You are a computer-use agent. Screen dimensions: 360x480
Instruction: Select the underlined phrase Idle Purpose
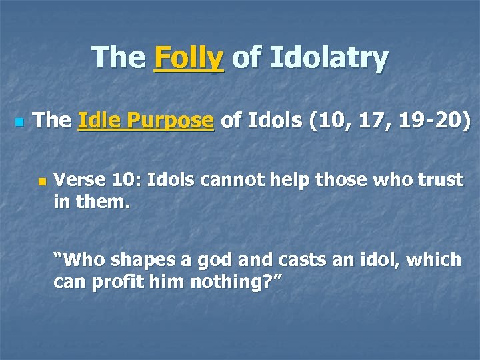146,121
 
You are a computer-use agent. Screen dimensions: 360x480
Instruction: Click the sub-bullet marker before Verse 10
42,181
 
